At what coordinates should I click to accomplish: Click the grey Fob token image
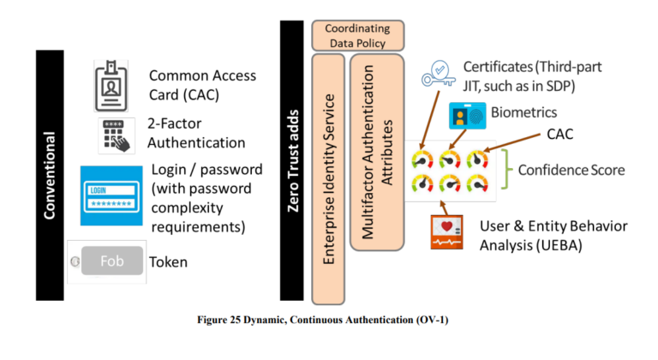pos(104,262)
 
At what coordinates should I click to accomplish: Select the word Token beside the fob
pos(169,261)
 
